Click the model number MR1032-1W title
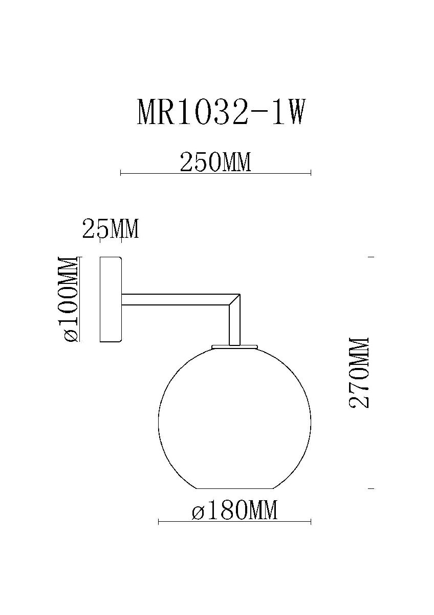click(221, 112)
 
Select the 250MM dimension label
click(215, 162)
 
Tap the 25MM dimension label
click(111, 229)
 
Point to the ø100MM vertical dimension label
click(68, 299)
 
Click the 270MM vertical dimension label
click(359, 373)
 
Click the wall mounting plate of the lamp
click(110, 299)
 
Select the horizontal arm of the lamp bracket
click(174, 300)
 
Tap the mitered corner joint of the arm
click(234, 300)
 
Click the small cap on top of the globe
click(234, 347)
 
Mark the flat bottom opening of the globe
click(234, 488)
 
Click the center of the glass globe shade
click(234, 418)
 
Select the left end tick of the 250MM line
click(120, 173)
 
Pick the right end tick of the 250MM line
click(311, 173)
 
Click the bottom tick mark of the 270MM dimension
click(371, 488)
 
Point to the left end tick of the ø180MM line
click(159, 522)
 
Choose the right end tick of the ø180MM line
click(311, 522)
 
